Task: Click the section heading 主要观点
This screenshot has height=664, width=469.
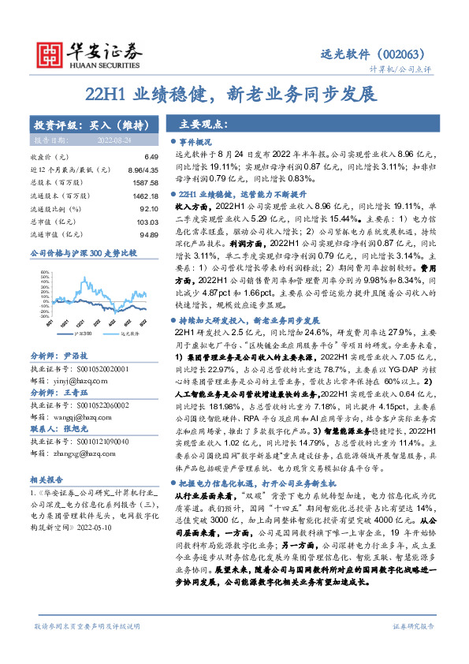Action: (203, 125)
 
